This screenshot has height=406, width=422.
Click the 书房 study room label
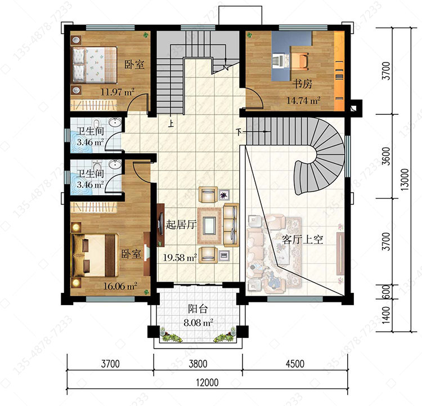coord(303,84)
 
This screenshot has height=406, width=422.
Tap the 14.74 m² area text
coord(303,101)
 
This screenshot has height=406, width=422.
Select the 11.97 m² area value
coord(118,92)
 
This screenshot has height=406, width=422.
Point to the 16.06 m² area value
coord(120,286)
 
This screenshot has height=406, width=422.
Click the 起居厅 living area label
coord(181,224)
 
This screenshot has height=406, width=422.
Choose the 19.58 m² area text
coord(180,258)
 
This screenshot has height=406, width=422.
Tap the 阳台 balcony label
coord(198,309)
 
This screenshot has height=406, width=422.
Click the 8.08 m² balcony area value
coord(199,323)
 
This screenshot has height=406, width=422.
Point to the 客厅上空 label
coord(302,239)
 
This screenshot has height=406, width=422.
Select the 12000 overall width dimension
coord(207,382)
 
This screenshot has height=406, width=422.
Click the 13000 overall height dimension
coord(405,180)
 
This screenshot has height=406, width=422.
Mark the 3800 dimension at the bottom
coord(198,364)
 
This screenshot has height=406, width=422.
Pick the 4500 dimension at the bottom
coord(295,364)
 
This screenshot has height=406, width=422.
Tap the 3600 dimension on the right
coord(386,156)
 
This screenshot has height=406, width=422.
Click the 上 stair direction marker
coord(171,124)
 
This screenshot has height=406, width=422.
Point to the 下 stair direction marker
coord(239,132)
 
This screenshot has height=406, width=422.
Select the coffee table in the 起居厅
coord(209,225)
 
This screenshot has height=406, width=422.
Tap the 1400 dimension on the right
coord(386,315)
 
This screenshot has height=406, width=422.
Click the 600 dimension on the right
coord(386,292)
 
